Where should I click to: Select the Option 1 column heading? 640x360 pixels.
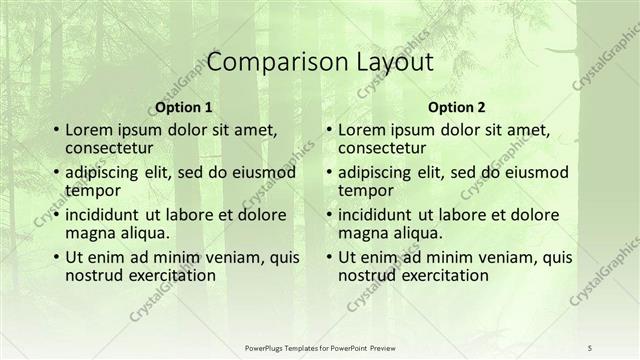point(183,107)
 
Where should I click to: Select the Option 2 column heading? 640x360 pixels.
point(456,107)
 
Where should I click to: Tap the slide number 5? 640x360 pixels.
point(591,347)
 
